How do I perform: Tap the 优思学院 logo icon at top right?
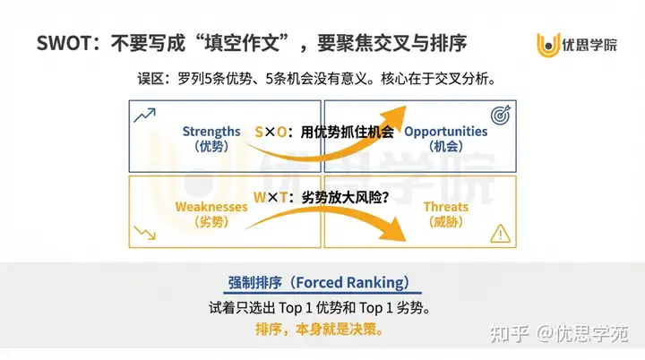coord(549,44)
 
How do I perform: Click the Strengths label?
coord(211,132)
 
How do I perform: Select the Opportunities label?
coord(446,132)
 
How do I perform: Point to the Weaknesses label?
coord(211,207)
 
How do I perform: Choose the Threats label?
coord(446,207)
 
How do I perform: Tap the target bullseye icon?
coord(502,116)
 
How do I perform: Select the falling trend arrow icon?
coord(143,235)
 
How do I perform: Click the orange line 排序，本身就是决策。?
coord(320,329)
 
